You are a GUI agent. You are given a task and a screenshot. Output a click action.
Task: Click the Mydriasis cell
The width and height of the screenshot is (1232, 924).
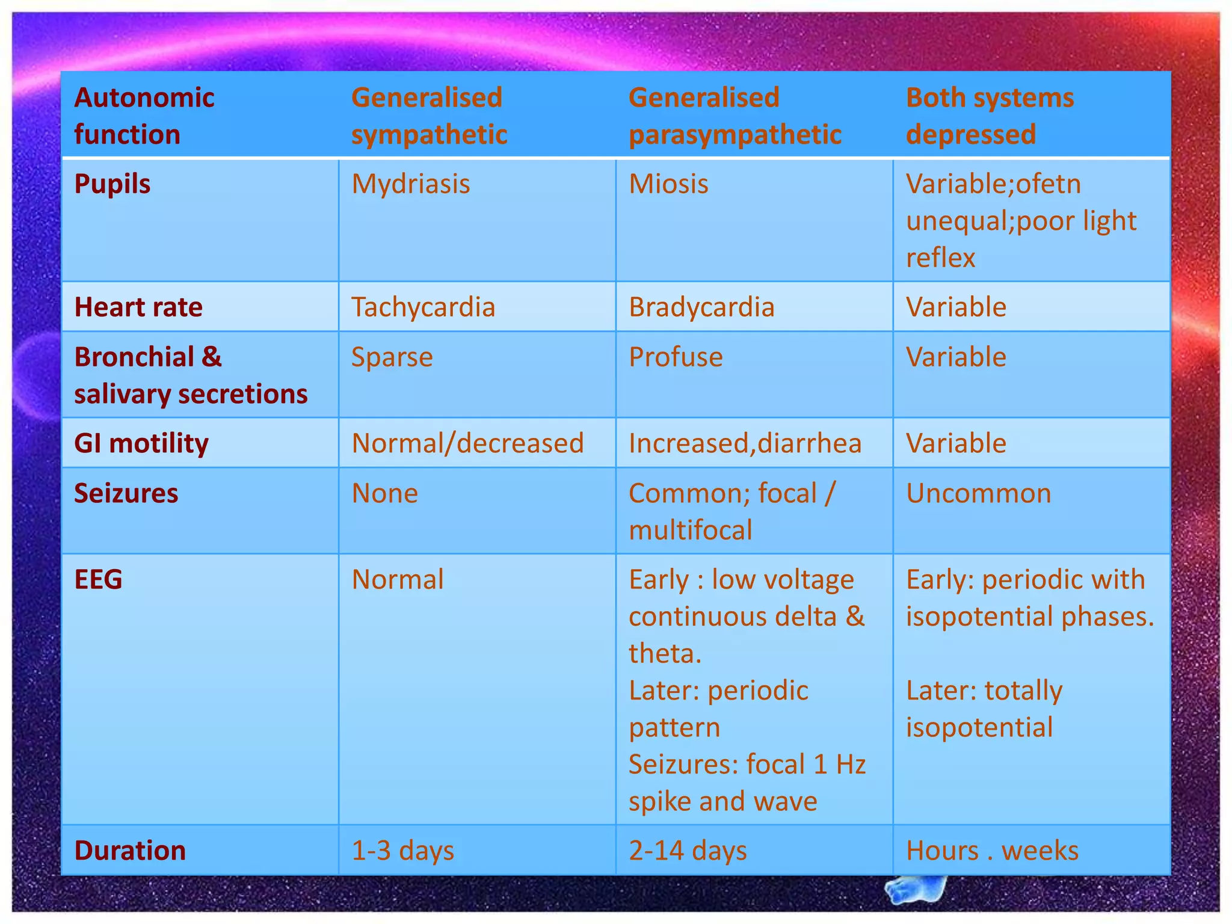411,184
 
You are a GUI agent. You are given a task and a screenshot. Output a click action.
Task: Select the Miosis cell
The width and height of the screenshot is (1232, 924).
668,184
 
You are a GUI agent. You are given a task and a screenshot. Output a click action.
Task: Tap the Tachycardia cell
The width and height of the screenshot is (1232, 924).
423,307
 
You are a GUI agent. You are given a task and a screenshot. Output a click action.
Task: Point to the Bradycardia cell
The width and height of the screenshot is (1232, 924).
701,307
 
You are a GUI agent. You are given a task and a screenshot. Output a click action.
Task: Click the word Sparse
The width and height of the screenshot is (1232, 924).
392,357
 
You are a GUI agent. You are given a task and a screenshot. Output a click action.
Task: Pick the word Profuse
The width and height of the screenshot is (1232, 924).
676,357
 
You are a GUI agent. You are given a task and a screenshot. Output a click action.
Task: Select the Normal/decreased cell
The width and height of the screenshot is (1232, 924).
467,443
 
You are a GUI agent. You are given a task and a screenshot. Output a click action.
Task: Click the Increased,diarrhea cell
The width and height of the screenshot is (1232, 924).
745,443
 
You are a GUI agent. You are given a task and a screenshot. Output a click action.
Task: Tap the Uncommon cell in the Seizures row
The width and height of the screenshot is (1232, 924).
978,493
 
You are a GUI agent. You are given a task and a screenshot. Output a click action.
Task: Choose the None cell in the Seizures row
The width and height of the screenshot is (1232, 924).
384,493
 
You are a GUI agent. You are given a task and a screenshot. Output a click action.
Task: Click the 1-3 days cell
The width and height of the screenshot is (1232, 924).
402,851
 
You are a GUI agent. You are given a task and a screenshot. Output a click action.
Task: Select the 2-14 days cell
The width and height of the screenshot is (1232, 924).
688,851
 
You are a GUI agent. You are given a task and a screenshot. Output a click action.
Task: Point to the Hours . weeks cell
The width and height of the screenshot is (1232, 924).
992,851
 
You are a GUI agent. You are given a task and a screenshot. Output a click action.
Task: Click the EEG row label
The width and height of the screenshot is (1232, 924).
98,580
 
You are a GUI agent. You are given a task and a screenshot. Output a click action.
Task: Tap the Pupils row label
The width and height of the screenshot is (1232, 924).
112,184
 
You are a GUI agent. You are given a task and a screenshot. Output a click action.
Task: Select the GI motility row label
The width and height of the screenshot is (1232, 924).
141,443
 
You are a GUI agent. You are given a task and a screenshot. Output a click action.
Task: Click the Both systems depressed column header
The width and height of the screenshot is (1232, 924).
990,115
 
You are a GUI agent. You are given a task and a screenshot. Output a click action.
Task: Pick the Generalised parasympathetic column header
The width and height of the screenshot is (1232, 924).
735,115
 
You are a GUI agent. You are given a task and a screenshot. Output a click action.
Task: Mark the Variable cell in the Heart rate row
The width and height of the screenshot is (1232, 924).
956,307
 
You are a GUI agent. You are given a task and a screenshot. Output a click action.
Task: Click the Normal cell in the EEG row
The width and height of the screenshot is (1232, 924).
398,580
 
